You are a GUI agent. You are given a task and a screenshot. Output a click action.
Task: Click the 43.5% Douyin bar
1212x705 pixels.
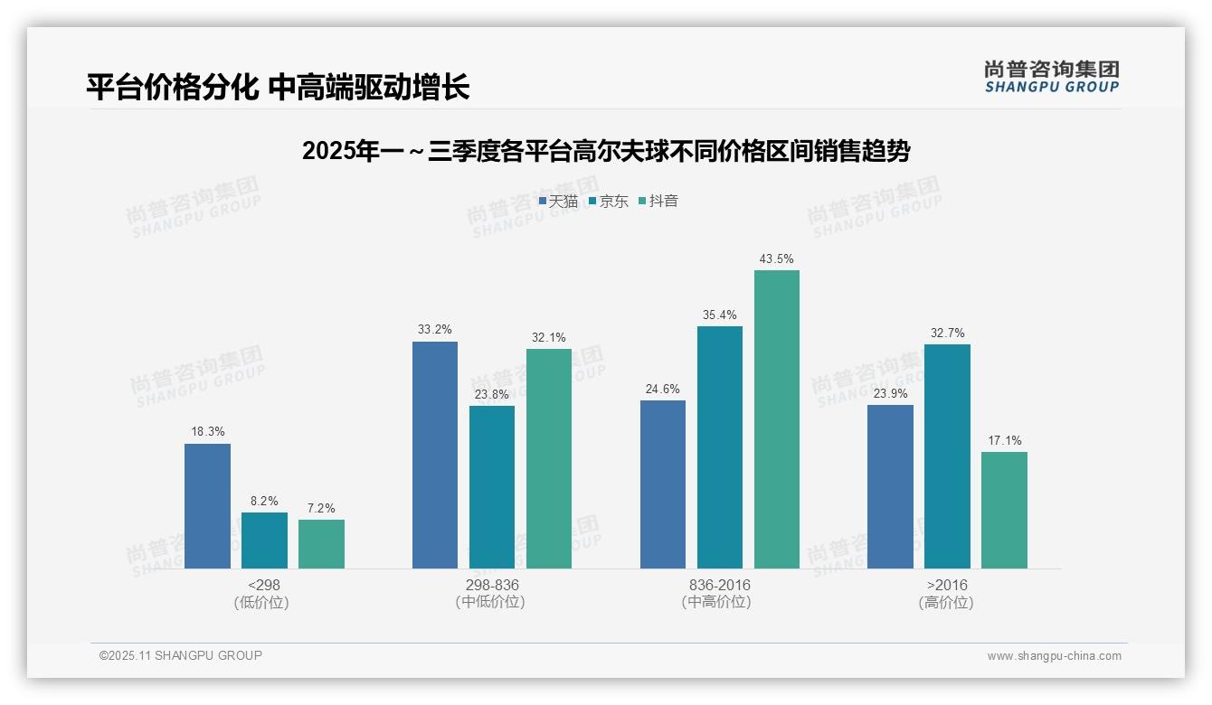pyautogui.click(x=777, y=419)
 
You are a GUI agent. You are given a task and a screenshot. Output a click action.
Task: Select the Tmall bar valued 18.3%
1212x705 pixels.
pyautogui.click(x=207, y=506)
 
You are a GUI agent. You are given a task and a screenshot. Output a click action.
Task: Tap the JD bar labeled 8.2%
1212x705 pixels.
pyautogui.click(x=264, y=540)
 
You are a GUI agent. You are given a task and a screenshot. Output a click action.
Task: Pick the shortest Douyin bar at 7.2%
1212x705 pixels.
pyautogui.click(x=321, y=544)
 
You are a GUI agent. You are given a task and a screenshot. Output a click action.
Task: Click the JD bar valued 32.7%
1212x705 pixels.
pyautogui.click(x=947, y=456)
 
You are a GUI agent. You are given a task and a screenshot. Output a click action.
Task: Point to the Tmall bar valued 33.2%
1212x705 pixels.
pyautogui.click(x=435, y=455)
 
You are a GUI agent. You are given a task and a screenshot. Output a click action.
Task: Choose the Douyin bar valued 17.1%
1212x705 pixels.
pyautogui.click(x=1004, y=510)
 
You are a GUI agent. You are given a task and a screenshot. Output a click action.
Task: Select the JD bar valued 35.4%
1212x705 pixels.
pyautogui.click(x=720, y=447)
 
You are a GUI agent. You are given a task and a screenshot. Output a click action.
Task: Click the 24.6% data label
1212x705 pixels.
pyautogui.click(x=662, y=390)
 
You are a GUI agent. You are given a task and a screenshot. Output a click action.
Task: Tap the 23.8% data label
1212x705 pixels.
pyautogui.click(x=492, y=394)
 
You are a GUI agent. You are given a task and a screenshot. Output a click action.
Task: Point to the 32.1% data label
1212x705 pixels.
pyautogui.click(x=549, y=338)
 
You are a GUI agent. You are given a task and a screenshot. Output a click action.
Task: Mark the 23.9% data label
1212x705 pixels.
pyautogui.click(x=890, y=393)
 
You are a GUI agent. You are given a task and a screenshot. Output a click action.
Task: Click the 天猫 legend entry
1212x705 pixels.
pyautogui.click(x=558, y=202)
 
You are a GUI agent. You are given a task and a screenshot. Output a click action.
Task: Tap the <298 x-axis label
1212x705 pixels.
pyautogui.click(x=263, y=586)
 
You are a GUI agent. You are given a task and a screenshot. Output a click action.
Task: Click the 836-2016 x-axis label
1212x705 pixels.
pyautogui.click(x=719, y=586)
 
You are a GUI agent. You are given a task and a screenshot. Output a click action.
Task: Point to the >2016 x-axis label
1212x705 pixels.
pyautogui.click(x=947, y=586)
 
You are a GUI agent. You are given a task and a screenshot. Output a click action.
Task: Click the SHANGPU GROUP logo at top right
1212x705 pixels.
pyautogui.click(x=1051, y=77)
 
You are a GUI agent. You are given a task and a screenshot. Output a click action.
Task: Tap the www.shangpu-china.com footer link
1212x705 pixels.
pyautogui.click(x=1054, y=656)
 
